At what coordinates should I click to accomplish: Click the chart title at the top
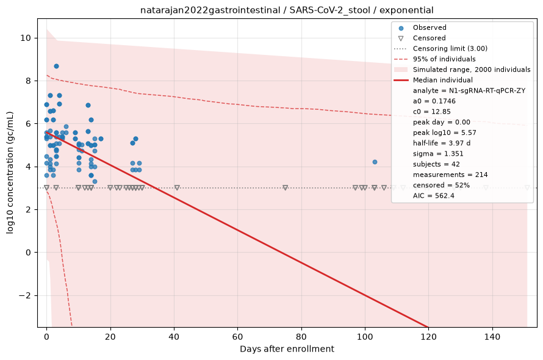click(287, 10)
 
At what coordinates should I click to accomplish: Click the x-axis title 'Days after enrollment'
click(287, 349)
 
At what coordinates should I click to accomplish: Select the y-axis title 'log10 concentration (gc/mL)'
click(10, 173)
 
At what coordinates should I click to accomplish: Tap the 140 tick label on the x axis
click(492, 336)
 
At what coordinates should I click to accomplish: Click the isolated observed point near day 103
click(375, 162)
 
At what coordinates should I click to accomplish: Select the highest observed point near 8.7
click(56, 66)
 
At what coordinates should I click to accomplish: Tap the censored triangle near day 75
click(286, 188)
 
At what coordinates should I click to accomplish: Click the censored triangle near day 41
click(177, 188)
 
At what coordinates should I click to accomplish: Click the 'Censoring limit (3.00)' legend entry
click(450, 48)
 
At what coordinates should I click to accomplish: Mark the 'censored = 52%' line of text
click(441, 185)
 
